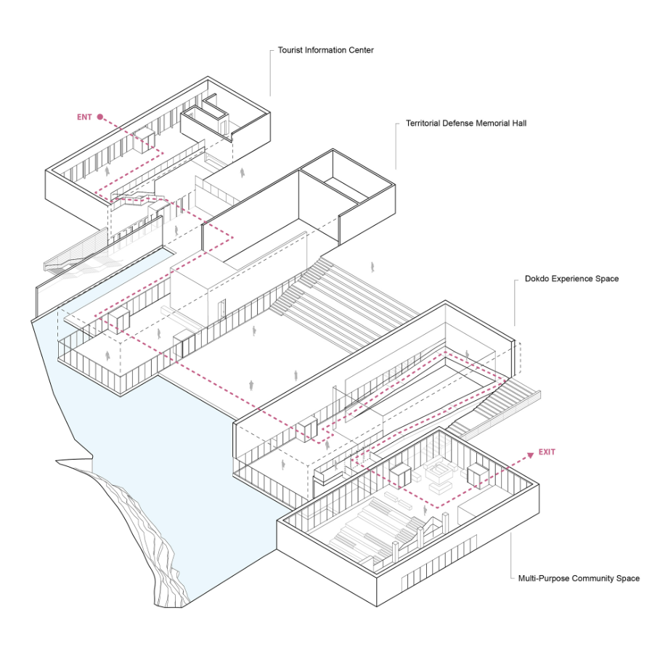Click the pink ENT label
tap(84, 117)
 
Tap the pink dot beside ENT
tap(100, 117)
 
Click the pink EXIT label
tap(547, 452)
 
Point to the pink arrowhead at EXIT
tap(530, 455)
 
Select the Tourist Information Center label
tap(325, 50)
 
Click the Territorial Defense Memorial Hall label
tap(466, 123)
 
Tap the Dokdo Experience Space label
tap(571, 279)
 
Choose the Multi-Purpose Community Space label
tap(579, 579)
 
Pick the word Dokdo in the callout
tap(537, 279)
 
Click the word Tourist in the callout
tap(290, 50)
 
